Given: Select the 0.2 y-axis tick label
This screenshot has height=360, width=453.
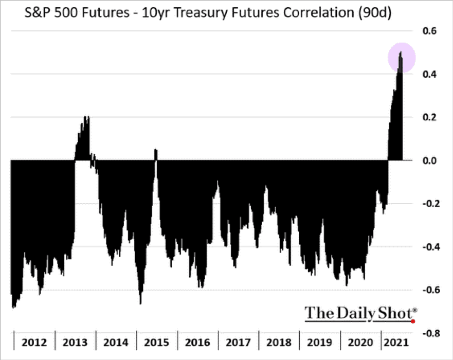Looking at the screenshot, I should (x=429, y=117).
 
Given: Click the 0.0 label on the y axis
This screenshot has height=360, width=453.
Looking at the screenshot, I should (x=429, y=160).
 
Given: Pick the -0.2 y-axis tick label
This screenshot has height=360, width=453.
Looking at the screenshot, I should (x=428, y=204).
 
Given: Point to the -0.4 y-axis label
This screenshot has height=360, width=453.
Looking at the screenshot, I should (x=428, y=247).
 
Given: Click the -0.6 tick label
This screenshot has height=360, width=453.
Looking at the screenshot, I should (x=428, y=290).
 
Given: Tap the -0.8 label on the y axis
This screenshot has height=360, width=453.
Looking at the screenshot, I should (x=428, y=333).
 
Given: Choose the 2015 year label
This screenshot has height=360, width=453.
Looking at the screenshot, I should (x=157, y=343).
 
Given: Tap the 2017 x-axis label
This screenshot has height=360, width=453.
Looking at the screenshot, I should (x=238, y=343).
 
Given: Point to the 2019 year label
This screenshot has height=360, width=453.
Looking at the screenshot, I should (x=319, y=343).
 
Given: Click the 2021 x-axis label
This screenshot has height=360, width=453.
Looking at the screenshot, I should (x=396, y=343).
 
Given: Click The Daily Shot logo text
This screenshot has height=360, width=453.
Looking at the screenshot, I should (x=360, y=313).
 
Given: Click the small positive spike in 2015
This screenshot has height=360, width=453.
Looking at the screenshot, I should (x=156, y=151).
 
